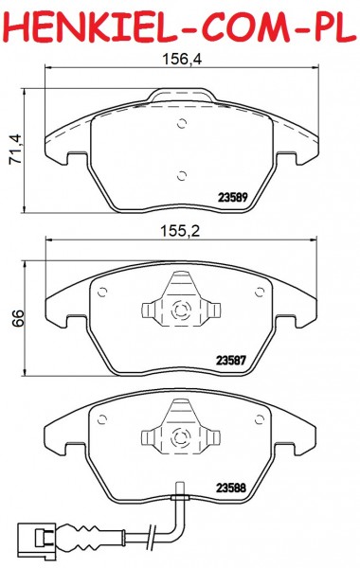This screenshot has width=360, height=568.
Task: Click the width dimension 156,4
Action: click(182, 59)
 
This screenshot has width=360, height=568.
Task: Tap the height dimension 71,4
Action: click(15, 150)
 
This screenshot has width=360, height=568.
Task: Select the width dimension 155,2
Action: click(180, 231)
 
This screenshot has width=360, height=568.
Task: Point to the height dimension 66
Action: click(17, 319)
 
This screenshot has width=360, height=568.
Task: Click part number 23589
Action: click(233, 198)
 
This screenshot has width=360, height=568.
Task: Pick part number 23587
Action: click(231, 361)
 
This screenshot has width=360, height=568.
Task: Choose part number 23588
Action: click(231, 488)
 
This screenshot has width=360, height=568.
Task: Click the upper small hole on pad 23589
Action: click(182, 123)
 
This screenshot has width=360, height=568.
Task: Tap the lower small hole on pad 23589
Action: click(182, 176)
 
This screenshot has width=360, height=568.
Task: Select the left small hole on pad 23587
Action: click(102, 292)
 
